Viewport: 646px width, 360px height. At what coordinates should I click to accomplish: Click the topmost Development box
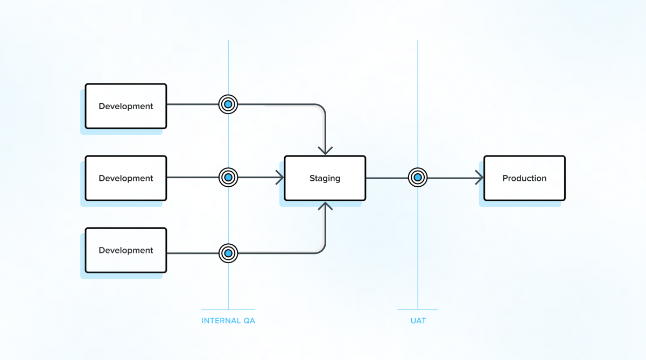pyautogui.click(x=126, y=106)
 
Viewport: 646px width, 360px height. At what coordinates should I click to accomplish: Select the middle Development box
pyautogui.click(x=126, y=178)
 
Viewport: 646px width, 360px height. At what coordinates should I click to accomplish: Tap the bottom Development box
pyautogui.click(x=126, y=250)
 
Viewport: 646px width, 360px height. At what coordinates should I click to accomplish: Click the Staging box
pyautogui.click(x=325, y=178)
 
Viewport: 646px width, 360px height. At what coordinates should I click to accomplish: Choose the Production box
pyautogui.click(x=524, y=178)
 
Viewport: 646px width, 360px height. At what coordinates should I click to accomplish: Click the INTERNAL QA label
pyautogui.click(x=228, y=321)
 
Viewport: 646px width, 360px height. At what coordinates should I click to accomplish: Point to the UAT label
pyautogui.click(x=418, y=321)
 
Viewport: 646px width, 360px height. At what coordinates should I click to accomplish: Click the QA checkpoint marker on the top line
pyautogui.click(x=228, y=104)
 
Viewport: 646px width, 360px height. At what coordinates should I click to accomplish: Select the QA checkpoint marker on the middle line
pyautogui.click(x=228, y=177)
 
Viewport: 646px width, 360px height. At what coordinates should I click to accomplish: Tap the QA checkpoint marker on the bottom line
pyautogui.click(x=228, y=253)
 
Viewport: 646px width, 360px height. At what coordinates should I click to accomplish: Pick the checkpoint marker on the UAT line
pyautogui.click(x=418, y=177)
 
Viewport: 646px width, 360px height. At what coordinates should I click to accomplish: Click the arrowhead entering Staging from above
pyautogui.click(x=325, y=150)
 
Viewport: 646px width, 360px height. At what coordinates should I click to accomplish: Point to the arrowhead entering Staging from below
pyautogui.click(x=325, y=206)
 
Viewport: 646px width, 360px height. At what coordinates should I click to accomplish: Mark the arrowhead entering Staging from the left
pyautogui.click(x=280, y=177)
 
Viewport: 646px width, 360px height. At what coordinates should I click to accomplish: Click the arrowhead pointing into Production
pyautogui.click(x=479, y=177)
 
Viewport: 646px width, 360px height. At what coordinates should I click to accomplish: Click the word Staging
pyautogui.click(x=325, y=178)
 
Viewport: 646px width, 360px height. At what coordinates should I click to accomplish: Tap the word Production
pyautogui.click(x=524, y=178)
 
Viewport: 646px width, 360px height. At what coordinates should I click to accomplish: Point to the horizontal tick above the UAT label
pyautogui.click(x=418, y=309)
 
